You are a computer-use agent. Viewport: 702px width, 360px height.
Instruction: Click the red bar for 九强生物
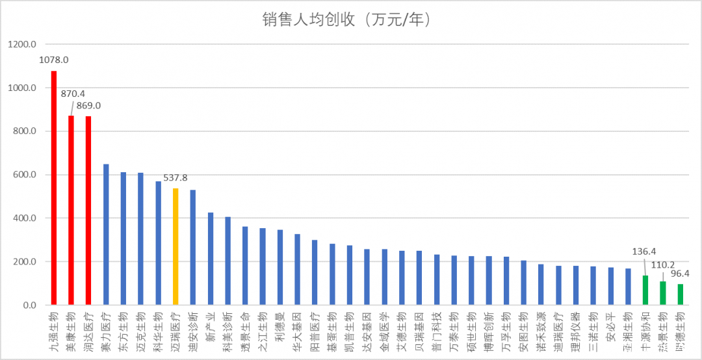pos(54,188)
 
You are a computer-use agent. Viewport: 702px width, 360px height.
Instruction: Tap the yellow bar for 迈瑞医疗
pos(175,246)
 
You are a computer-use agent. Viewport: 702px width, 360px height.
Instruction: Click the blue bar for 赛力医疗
pos(106,235)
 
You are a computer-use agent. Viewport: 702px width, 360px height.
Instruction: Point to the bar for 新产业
pos(211,259)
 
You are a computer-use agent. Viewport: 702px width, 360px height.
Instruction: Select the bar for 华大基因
pos(297,270)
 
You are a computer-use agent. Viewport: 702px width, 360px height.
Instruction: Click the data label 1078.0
pos(54,60)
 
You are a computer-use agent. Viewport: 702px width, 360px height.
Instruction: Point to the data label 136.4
pos(645,251)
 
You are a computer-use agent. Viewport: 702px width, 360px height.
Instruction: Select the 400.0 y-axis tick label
pos(24,218)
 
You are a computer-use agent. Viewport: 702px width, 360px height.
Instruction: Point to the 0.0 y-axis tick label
pos(29,305)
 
